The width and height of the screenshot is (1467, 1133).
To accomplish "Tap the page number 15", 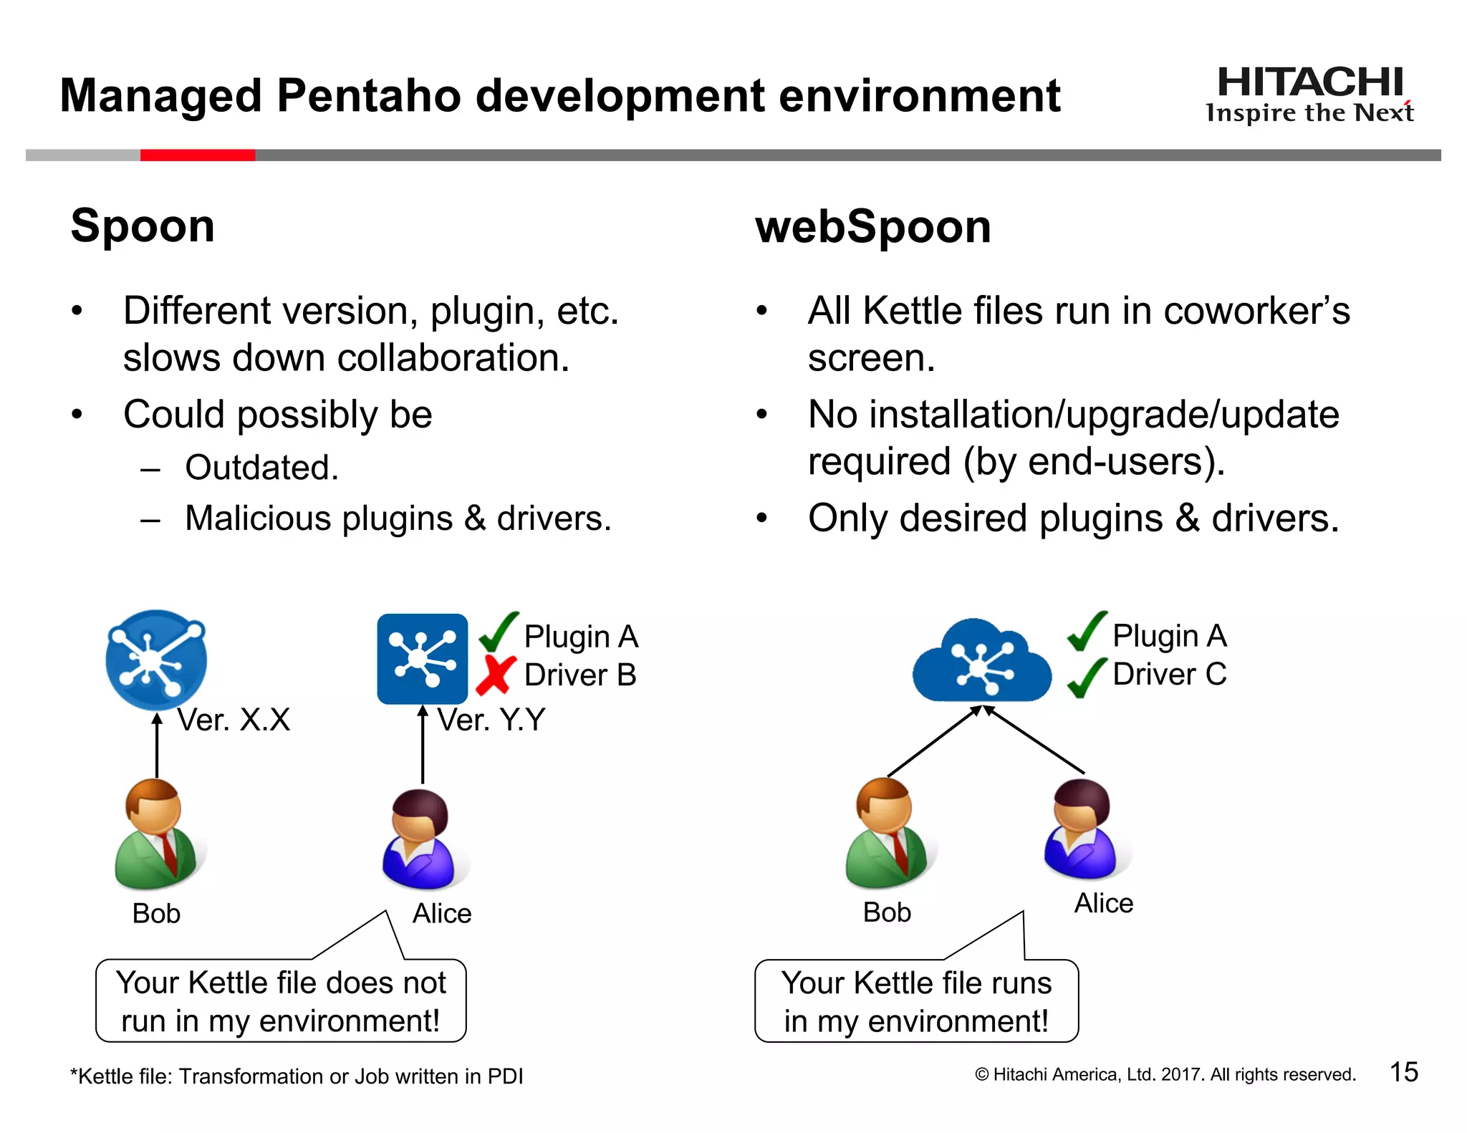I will (x=1403, y=1072).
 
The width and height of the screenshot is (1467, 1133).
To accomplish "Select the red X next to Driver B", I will (x=496, y=675).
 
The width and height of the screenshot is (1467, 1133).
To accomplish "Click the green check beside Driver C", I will (x=1087, y=677).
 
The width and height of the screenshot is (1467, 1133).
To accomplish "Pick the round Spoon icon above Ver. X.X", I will (x=156, y=659).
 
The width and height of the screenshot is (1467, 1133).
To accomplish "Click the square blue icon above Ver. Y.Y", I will (x=422, y=659).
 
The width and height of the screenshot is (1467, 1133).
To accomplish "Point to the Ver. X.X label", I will (x=234, y=720).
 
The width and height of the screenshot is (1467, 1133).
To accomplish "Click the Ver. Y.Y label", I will (x=491, y=720).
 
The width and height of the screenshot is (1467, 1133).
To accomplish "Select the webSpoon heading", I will (x=872, y=226).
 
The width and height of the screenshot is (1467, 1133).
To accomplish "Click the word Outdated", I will (x=261, y=468).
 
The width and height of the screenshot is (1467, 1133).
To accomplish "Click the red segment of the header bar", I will (x=198, y=155).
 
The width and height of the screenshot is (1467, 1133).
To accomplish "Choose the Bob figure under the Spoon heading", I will (x=158, y=834).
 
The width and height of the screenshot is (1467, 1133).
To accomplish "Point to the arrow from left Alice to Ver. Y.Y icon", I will (x=423, y=745).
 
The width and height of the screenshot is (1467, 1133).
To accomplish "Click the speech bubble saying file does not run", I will (x=281, y=1001).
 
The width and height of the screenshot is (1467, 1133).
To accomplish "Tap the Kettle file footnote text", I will (x=297, y=1076).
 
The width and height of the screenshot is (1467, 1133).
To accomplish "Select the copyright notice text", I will (x=1165, y=1074).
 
